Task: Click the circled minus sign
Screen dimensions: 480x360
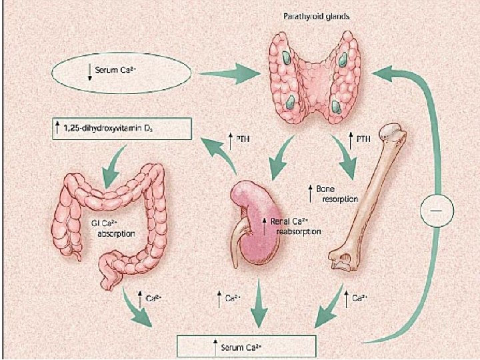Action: click(x=436, y=211)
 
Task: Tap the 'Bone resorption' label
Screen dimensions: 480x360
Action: click(x=334, y=193)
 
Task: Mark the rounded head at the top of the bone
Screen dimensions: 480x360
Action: click(x=395, y=136)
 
